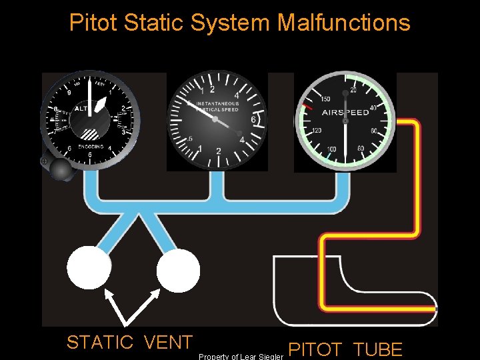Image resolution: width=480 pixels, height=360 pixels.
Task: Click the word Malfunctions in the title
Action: coord(343,23)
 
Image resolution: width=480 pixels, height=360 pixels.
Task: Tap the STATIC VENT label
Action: coord(129,343)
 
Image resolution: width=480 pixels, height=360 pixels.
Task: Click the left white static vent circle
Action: coord(89,267)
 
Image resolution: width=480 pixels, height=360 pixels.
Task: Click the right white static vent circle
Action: coord(178,269)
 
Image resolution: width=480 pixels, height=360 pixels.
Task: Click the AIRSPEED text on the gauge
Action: coord(346,113)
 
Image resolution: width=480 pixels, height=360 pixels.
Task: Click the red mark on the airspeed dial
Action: coord(307,106)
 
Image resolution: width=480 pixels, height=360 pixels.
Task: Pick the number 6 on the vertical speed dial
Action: coord(252,120)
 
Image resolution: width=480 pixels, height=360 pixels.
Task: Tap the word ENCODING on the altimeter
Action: coord(91,146)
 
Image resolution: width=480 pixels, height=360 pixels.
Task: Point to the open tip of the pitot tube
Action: coord(435,309)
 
